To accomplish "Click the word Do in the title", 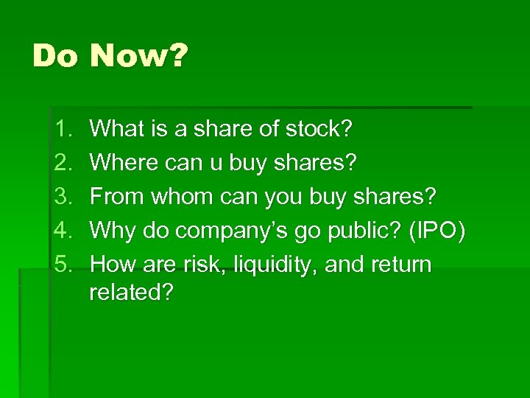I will [55, 56].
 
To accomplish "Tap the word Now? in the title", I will [138, 56].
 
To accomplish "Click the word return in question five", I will [398, 264].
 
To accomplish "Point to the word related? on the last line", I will [132, 293].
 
